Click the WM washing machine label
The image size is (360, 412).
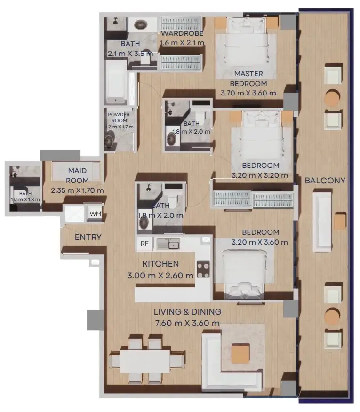95,214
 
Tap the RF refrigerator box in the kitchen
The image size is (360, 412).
144,244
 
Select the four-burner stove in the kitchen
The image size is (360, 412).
203,269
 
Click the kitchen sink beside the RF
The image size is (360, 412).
168,244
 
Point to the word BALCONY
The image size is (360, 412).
325,181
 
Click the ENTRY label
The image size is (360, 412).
88,237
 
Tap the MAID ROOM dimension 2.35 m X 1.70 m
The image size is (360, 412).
77,190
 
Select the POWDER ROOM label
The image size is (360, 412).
119,118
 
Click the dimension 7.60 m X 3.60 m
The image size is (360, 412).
187,323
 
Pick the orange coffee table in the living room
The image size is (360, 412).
240,353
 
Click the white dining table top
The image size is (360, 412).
145,361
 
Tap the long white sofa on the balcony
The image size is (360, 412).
322,222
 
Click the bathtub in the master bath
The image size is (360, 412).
116,82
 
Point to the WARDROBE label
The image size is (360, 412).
182,33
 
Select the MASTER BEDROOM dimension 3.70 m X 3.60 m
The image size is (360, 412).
248,93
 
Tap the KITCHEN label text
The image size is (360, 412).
160,264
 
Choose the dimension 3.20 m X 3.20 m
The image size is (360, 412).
260,175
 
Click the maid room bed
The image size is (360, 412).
76,171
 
